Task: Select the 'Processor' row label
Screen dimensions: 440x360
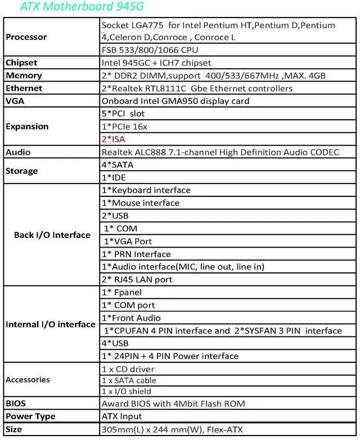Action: pos(26,37)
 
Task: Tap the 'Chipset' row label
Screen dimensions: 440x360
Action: pos(21,62)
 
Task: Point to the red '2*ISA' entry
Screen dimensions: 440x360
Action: pos(114,139)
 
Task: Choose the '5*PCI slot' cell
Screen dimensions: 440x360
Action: pos(123,114)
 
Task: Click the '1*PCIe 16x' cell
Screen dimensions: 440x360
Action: pos(124,127)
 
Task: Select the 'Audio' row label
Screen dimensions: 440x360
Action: pos(18,152)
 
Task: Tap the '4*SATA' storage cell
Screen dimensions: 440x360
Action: pos(118,165)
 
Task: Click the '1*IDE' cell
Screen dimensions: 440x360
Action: pos(114,177)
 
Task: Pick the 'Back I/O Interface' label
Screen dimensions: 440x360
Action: pos(52,235)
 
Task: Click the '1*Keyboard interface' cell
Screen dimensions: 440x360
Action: pos(146,190)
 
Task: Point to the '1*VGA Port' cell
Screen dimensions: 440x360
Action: pos(128,241)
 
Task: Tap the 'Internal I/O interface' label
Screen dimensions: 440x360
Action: pos(51,324)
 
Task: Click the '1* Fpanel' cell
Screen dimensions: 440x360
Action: pos(121,292)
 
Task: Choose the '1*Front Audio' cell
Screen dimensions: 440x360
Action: pos(130,318)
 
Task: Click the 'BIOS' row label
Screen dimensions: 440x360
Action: pos(16,403)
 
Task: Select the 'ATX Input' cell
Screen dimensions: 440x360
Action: pos(121,416)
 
